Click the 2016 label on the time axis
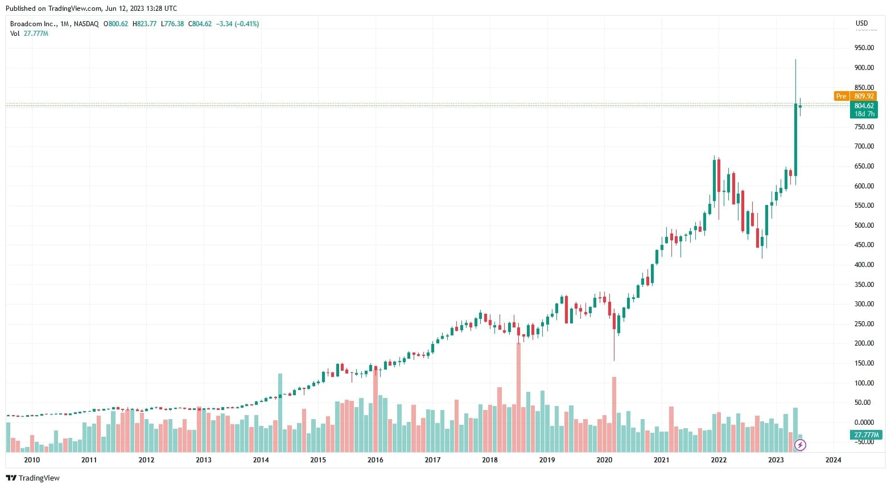375,460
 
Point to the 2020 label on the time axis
604,460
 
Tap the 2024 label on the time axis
833,460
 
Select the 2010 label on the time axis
32,460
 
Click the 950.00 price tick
864,48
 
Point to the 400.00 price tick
864,265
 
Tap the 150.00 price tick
864,363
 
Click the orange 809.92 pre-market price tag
864,96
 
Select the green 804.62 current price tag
864,106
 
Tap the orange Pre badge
841,96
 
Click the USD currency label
861,23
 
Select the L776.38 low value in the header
172,24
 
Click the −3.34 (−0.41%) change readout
238,24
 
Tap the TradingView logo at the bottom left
32,478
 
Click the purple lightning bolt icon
800,445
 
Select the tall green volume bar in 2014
280,412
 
